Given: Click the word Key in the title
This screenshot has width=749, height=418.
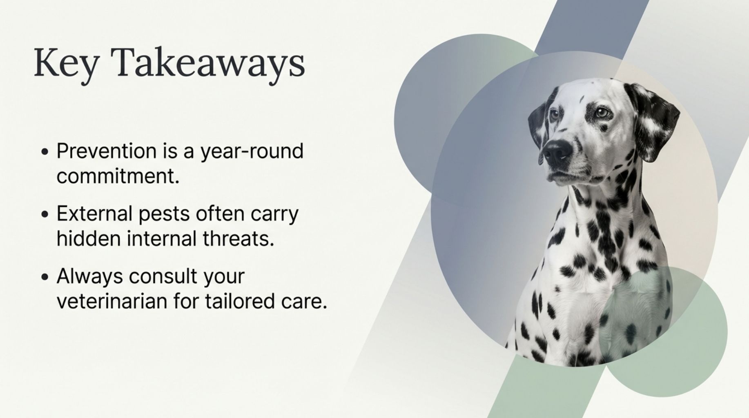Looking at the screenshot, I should click(x=65, y=63).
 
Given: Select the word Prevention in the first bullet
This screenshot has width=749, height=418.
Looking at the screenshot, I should click(x=106, y=151).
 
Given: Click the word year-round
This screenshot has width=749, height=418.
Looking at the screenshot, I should click(x=252, y=152).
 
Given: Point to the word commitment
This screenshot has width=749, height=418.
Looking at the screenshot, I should click(x=118, y=177).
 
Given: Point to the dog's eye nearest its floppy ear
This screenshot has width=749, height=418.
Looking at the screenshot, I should click(x=601, y=113).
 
